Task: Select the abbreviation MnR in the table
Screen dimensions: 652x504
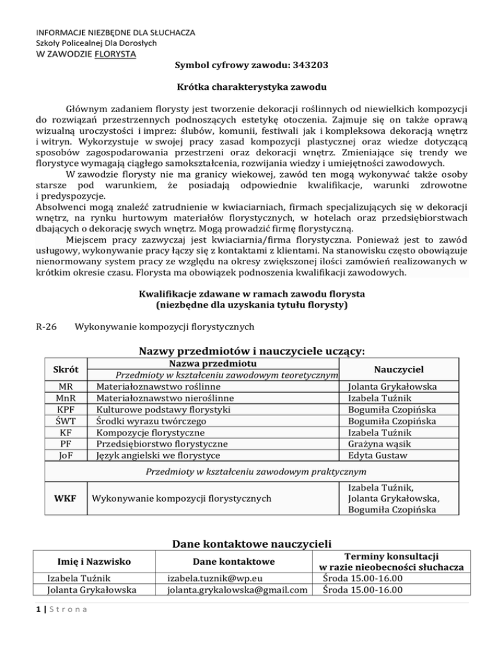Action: (65, 399)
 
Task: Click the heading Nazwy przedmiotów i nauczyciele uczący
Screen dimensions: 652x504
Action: (251, 350)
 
